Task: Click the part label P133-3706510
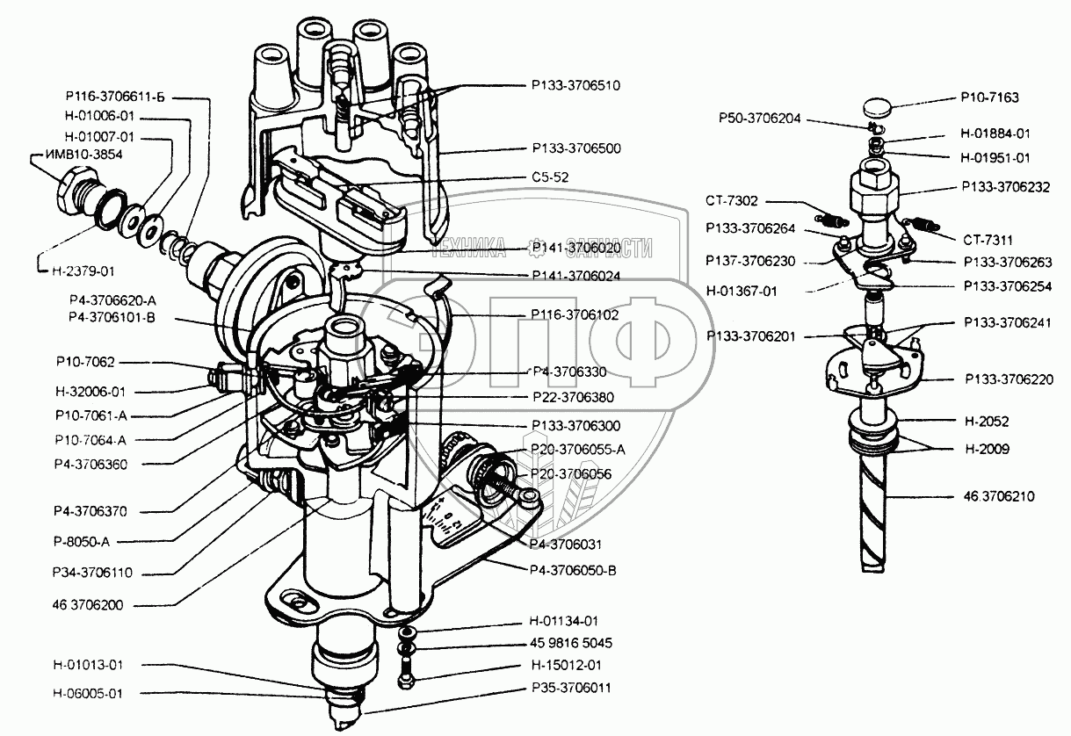pos(575,85)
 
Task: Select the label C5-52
pos(550,177)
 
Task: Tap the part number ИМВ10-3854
pos(84,155)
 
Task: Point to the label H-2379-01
pos(83,271)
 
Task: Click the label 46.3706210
pos(999,496)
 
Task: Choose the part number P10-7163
pos(989,97)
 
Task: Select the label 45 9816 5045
pos(571,643)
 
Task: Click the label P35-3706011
pos(571,688)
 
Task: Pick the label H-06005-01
pos(88,694)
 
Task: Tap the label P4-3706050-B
pos(573,571)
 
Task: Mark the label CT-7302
pos(732,201)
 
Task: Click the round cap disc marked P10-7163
pos(878,107)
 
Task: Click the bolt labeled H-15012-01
pos(405,675)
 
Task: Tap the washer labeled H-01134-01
pos(407,632)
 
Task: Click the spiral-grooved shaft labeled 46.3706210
pos(874,511)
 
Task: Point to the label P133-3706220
pos(1009,379)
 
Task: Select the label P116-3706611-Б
pos(115,97)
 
